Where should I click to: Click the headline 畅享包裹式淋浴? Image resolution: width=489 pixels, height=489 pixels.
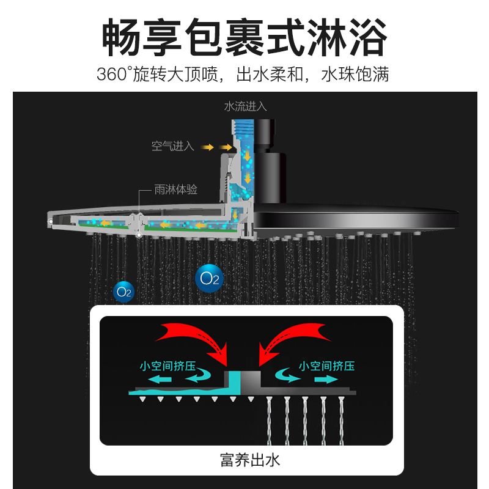pyautogui.click(x=244, y=37)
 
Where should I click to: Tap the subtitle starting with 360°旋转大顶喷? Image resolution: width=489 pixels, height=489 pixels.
pyautogui.click(x=243, y=74)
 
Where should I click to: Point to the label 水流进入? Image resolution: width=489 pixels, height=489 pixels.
pyautogui.click(x=246, y=106)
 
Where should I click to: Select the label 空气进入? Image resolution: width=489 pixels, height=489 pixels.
pyautogui.click(x=173, y=146)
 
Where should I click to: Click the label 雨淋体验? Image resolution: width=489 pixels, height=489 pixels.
pyautogui.click(x=176, y=189)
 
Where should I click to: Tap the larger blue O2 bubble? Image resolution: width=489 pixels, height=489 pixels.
pyautogui.click(x=209, y=279)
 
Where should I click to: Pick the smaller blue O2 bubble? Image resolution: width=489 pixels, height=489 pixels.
pyautogui.click(x=124, y=292)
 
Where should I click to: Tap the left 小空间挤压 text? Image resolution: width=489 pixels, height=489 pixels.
pyautogui.click(x=167, y=366)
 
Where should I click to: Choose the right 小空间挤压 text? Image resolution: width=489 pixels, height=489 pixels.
pyautogui.click(x=327, y=366)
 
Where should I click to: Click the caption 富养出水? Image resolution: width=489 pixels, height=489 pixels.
pyautogui.click(x=250, y=460)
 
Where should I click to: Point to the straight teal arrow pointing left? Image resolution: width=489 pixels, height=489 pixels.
pyautogui.click(x=160, y=380)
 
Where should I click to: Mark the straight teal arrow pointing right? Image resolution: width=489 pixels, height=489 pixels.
pyautogui.click(x=326, y=380)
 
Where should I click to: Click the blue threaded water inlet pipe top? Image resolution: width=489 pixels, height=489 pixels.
pyautogui.click(x=243, y=128)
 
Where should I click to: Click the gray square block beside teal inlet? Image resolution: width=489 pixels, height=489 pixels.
pyautogui.click(x=251, y=379)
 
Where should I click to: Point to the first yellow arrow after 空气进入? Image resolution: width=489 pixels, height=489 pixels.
pyautogui.click(x=207, y=147)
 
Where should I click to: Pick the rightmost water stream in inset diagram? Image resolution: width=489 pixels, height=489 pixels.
pyautogui.click(x=342, y=421)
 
